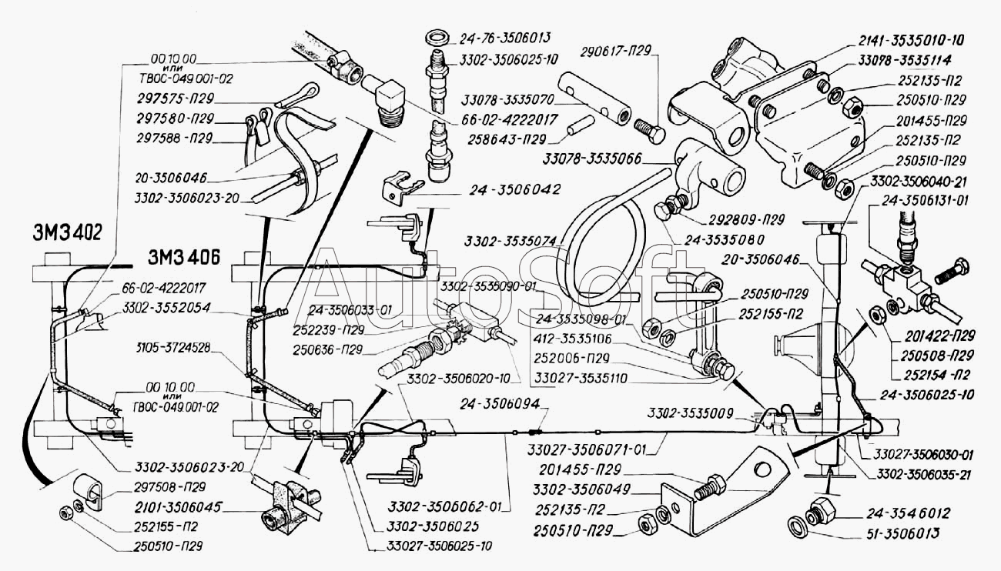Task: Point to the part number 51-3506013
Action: pos(870,533)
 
